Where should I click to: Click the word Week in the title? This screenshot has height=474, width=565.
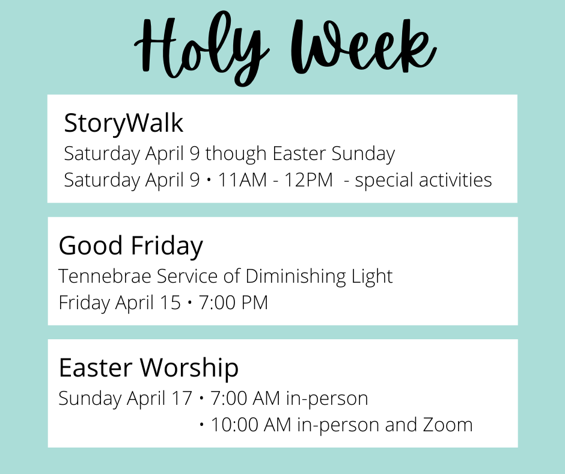point(364,45)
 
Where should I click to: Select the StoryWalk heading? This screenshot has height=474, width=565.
point(124,123)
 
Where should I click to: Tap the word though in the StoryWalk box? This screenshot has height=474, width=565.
point(236,154)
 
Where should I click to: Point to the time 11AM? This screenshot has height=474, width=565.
point(242,180)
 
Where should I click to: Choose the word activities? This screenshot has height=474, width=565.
point(456,180)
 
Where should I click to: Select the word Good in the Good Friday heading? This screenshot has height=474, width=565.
point(90,245)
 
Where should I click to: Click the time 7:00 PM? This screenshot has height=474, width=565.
point(233,303)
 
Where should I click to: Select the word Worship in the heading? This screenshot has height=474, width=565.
point(189,368)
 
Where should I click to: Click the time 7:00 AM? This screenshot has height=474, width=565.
point(245,398)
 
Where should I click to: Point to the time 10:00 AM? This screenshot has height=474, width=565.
point(251,425)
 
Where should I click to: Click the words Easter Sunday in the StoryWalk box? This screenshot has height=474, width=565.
point(334,154)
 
